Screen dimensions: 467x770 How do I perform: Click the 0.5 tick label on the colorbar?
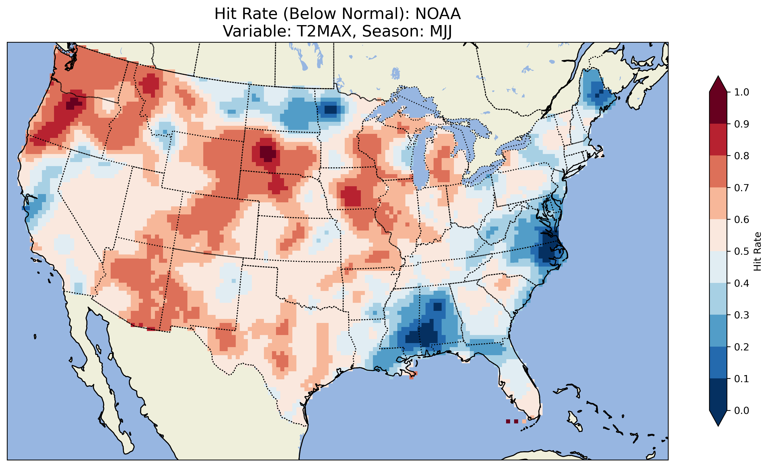click(742, 251)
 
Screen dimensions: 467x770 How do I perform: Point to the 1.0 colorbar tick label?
click(742, 92)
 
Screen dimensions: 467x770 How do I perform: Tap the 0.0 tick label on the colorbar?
click(742, 410)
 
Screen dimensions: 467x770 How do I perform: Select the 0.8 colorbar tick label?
click(742, 156)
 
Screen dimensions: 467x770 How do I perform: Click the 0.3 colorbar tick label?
click(742, 315)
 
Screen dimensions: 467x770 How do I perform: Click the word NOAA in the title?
click(438, 14)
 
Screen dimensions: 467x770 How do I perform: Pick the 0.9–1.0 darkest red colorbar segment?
click(718, 108)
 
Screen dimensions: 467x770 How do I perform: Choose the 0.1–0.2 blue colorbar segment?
click(718, 363)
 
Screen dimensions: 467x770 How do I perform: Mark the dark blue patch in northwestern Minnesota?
click(330, 110)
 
